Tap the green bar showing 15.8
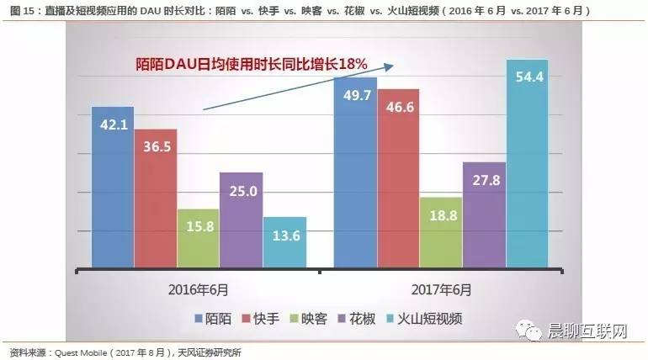pos(199,238)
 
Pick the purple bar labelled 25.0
pos(242,220)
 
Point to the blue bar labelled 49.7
pos(355,172)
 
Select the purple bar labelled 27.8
pos(484,214)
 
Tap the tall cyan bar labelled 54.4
pos(527,163)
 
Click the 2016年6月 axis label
pos(200,289)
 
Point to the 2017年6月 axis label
pos(442,289)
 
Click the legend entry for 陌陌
pos(214,319)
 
